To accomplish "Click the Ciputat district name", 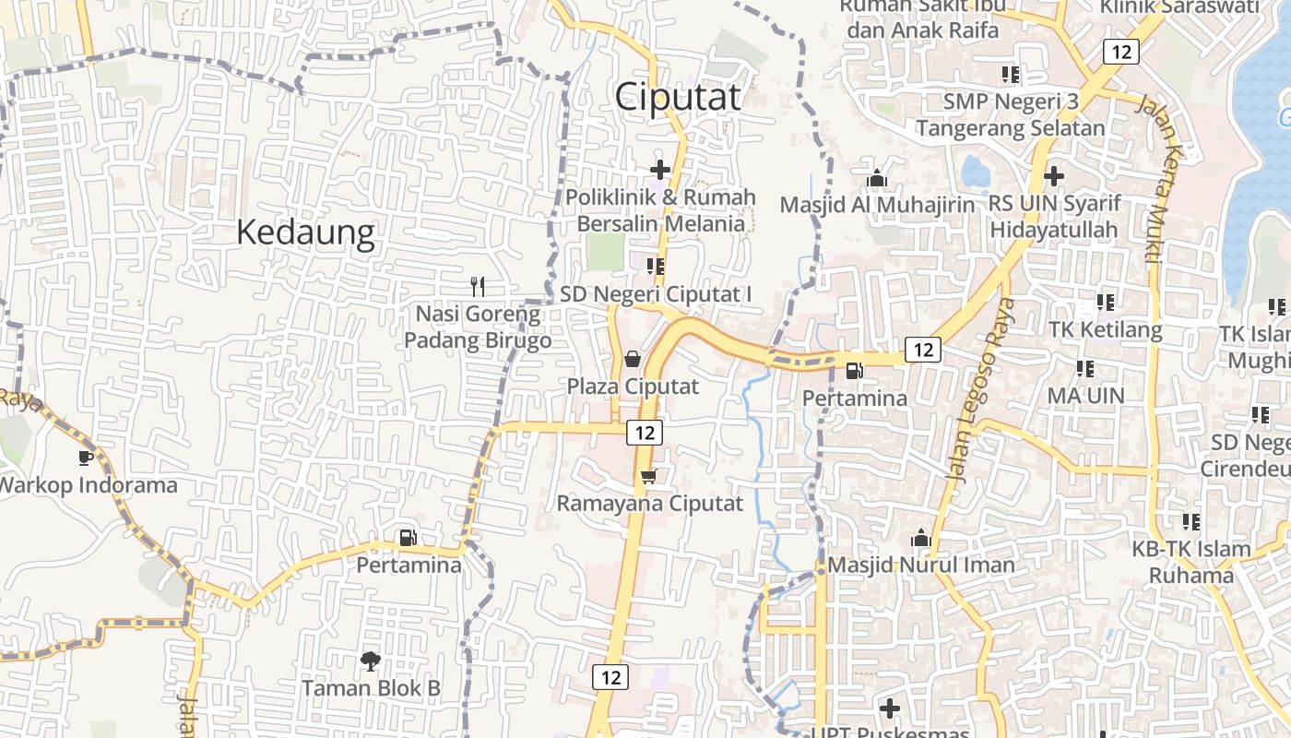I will click(x=678, y=97).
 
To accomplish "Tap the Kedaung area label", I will click(x=305, y=232).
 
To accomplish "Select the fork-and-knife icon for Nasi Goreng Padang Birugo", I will click(x=477, y=286).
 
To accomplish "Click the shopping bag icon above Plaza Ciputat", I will click(x=633, y=358).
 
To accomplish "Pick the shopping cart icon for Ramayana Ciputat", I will click(x=649, y=476).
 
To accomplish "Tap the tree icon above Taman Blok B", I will click(x=371, y=660).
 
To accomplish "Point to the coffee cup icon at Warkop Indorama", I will click(x=86, y=457).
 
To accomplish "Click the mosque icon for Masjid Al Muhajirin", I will click(x=876, y=177).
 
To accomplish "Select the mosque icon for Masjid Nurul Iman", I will click(x=919, y=537).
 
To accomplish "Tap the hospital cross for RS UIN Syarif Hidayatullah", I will click(x=1053, y=175).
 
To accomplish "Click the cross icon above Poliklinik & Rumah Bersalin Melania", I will click(x=660, y=169).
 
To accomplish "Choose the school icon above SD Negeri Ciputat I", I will click(x=656, y=267).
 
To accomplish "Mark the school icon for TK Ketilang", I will click(x=1105, y=302).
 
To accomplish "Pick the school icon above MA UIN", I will click(x=1085, y=369).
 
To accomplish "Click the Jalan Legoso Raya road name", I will click(x=980, y=387).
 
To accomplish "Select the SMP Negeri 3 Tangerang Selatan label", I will click(x=1010, y=114).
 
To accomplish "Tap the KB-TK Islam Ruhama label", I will click(x=1191, y=562).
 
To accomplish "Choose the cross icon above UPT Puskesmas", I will click(x=889, y=708).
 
